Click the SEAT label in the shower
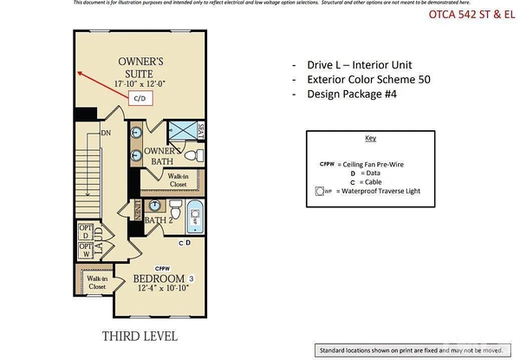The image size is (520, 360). [201, 134]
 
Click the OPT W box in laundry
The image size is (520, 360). [86, 251]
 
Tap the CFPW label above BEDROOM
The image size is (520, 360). [161, 267]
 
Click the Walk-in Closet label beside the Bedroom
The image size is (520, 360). [97, 282]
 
